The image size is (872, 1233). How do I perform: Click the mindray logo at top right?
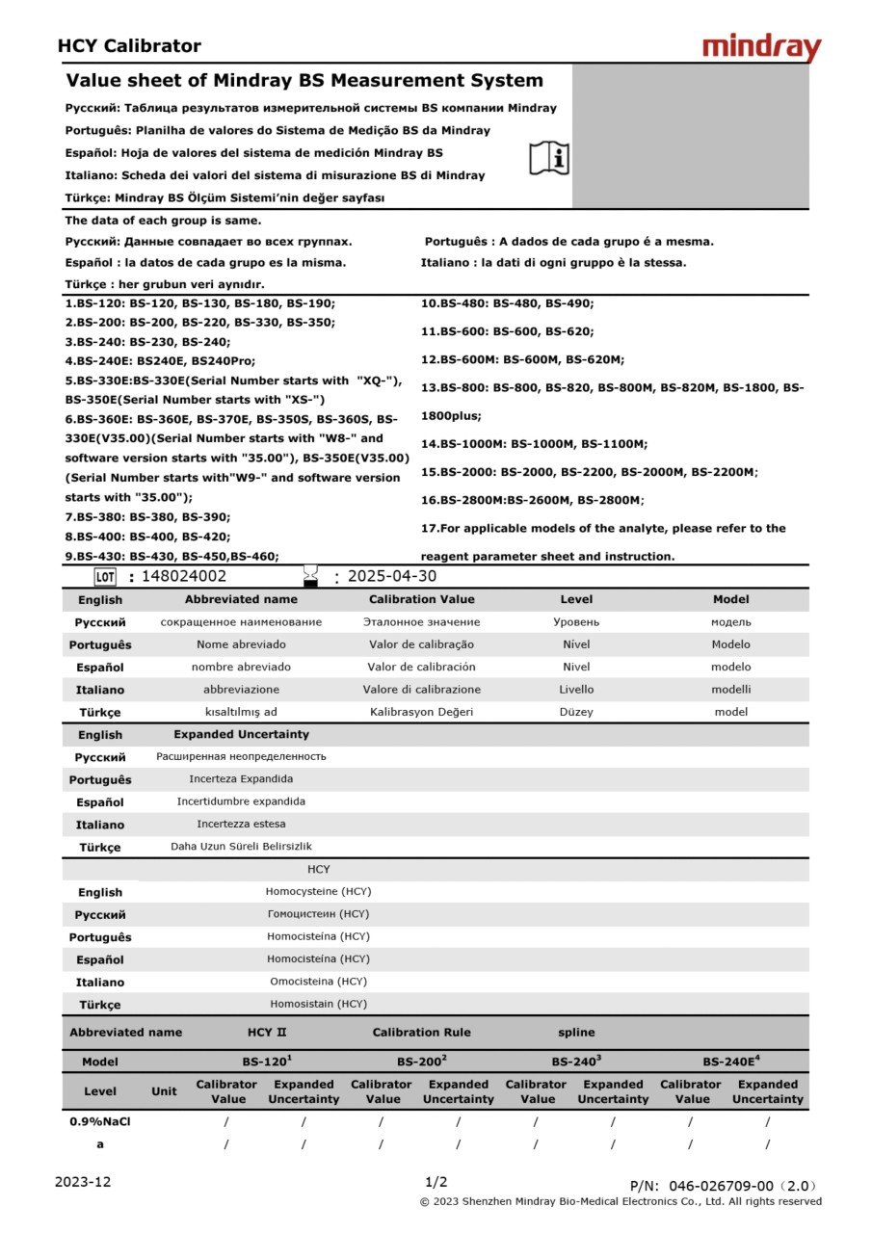761,47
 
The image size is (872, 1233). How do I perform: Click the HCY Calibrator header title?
129,46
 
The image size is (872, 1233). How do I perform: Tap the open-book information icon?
549,158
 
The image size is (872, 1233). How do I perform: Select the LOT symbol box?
105,577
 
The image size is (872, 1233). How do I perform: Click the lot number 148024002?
184,577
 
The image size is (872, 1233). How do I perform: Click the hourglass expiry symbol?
310,576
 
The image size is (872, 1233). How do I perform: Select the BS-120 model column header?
266,1062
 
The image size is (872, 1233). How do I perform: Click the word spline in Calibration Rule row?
576,1033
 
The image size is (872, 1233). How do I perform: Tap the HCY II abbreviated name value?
267,1033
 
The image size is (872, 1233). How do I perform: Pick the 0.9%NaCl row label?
100,1121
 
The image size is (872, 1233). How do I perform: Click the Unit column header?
164,1091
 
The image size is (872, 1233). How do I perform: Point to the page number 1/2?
436,1182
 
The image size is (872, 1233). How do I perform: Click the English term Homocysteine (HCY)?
318,892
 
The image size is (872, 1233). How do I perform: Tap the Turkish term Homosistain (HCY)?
318,1004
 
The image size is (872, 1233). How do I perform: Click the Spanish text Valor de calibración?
421,667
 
